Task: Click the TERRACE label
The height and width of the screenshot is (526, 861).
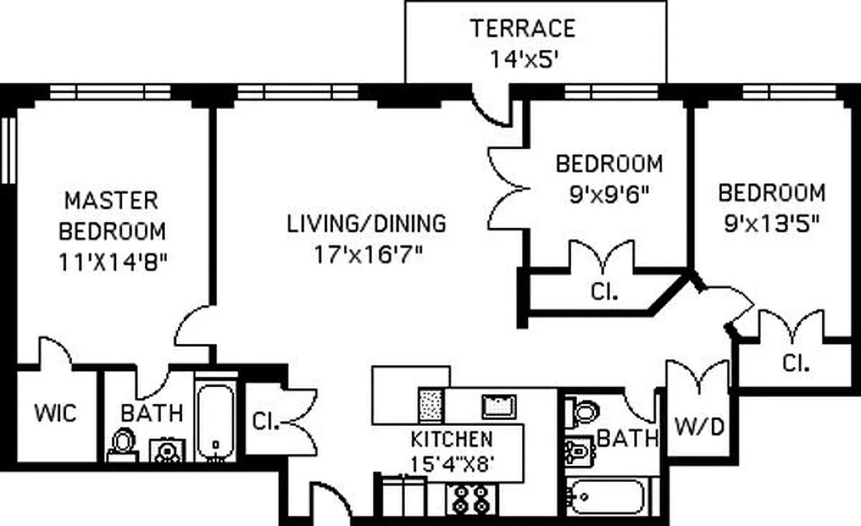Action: (522, 28)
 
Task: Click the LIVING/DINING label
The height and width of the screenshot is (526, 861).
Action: (366, 224)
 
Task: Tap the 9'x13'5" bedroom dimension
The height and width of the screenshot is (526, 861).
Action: (771, 223)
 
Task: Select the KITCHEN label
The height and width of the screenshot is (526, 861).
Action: (452, 439)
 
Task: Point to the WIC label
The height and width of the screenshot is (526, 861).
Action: (55, 414)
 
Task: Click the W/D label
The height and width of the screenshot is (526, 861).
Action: (700, 427)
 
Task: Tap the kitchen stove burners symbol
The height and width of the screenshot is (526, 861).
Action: (468, 498)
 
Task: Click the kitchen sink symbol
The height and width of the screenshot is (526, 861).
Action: (498, 406)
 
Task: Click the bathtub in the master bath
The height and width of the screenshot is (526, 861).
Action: (215, 421)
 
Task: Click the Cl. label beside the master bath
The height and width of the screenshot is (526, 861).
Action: (265, 421)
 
